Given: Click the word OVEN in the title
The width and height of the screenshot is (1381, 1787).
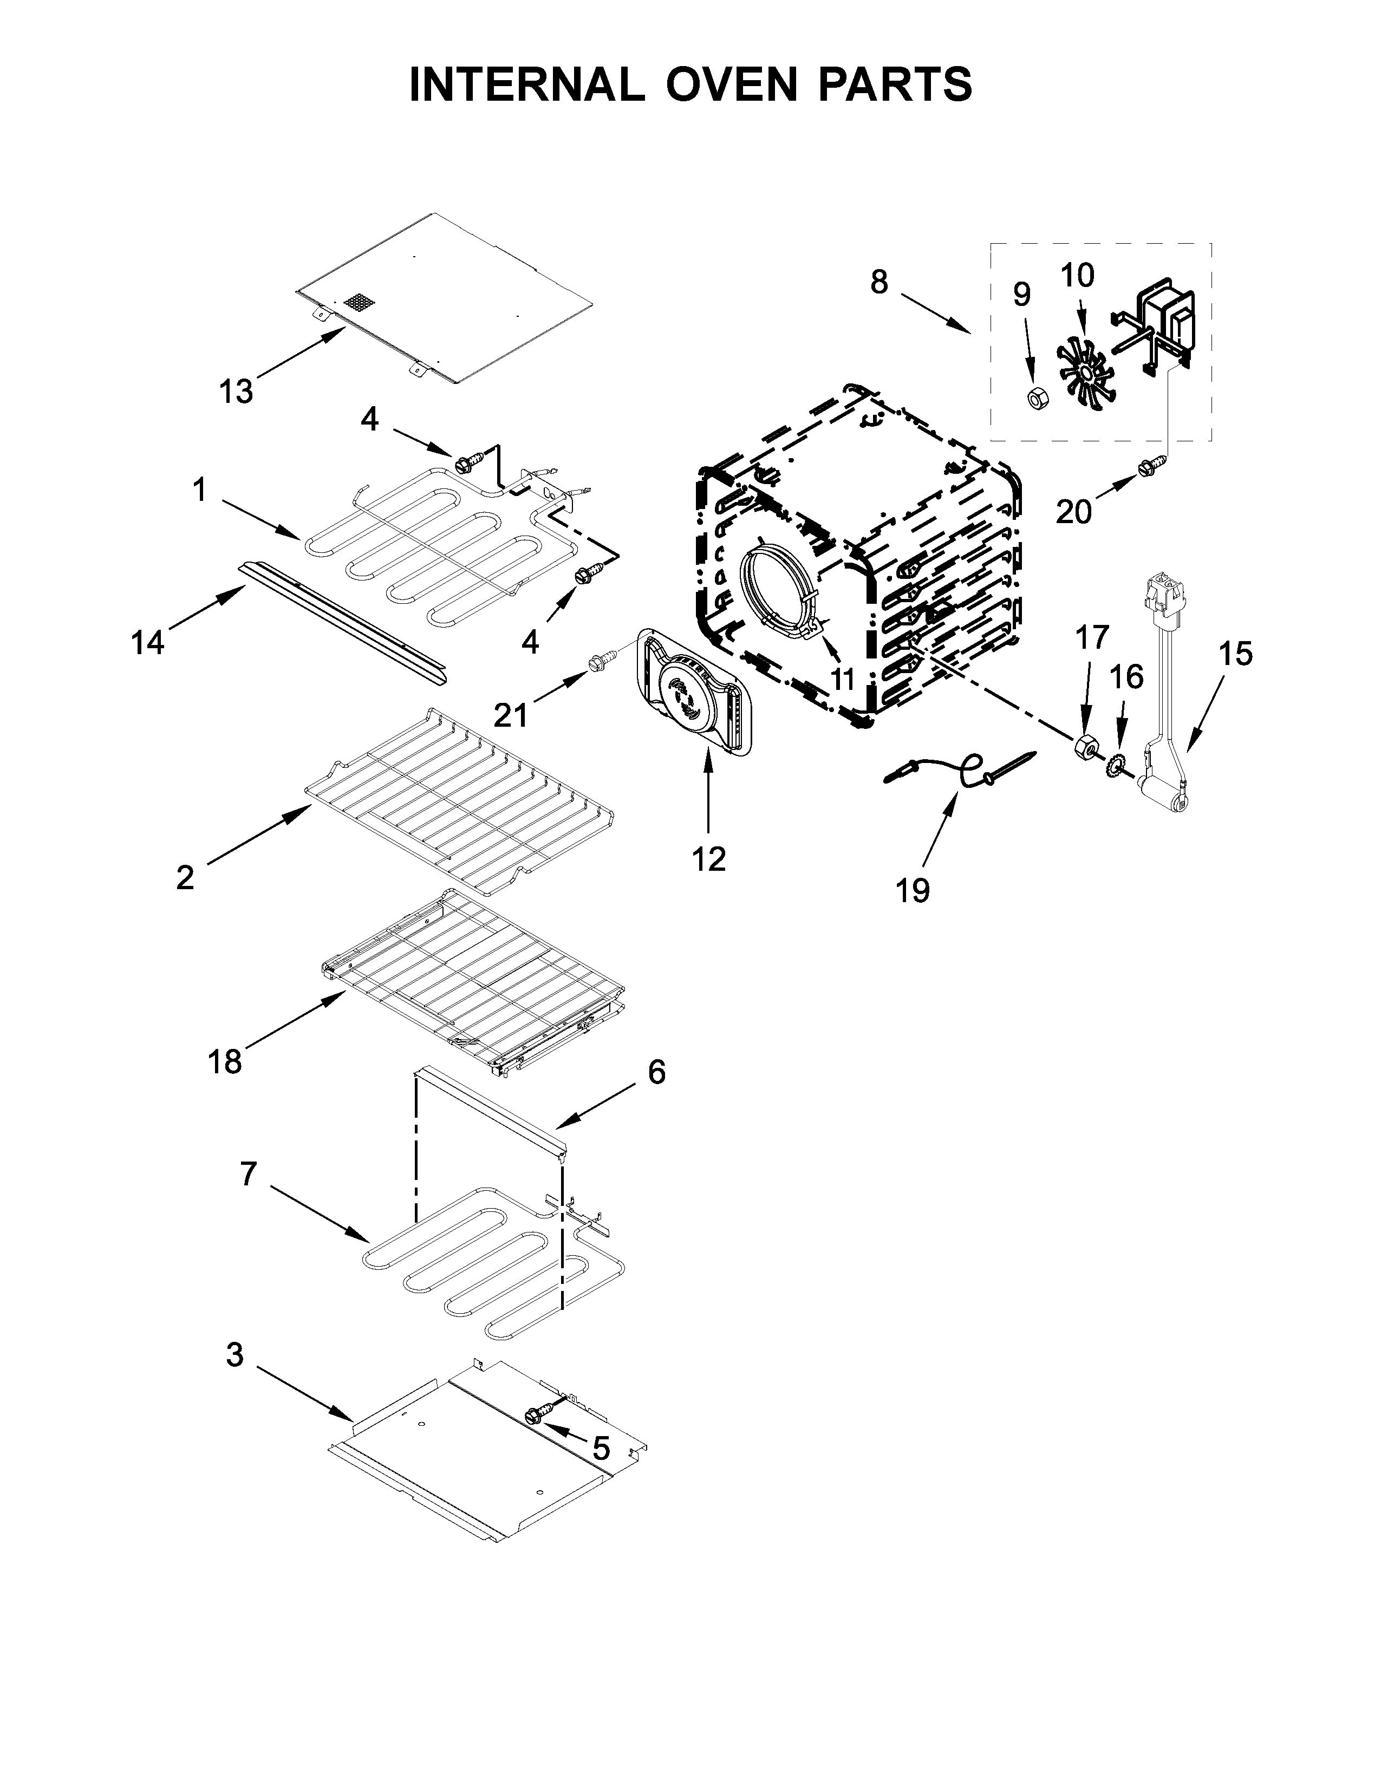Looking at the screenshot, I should click(x=732, y=84).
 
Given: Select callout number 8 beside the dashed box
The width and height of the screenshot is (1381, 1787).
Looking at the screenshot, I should click(x=878, y=282).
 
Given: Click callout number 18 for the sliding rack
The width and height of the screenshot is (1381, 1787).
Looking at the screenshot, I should click(x=225, y=1062).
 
